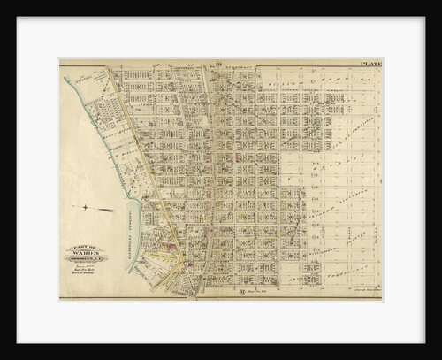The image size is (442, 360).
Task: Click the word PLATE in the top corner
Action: (x=370, y=64)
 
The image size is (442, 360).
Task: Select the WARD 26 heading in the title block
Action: (x=84, y=258)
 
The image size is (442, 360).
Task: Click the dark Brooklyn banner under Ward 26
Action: (x=84, y=264)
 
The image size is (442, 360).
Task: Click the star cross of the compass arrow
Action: (x=85, y=207)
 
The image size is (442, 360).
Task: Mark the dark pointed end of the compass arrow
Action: (x=112, y=210)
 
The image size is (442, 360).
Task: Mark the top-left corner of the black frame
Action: (x=4, y=4)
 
